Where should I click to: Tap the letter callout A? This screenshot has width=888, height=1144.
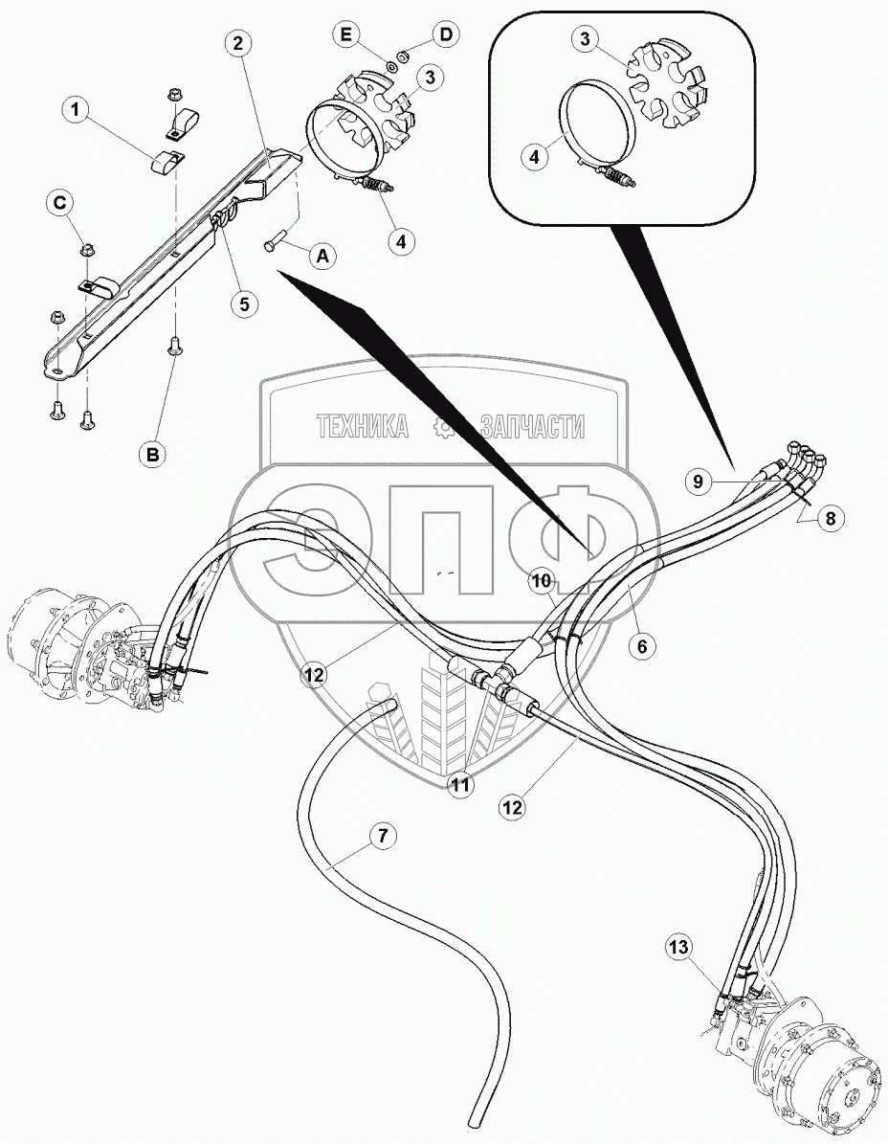point(322,256)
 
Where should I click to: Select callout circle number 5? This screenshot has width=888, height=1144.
point(244,303)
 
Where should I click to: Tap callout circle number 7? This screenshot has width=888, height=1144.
point(381,836)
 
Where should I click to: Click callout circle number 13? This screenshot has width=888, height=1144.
point(678,948)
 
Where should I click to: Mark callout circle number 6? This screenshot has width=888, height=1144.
point(642,646)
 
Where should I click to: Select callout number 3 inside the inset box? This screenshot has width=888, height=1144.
point(582,39)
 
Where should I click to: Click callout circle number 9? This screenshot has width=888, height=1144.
point(699,482)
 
